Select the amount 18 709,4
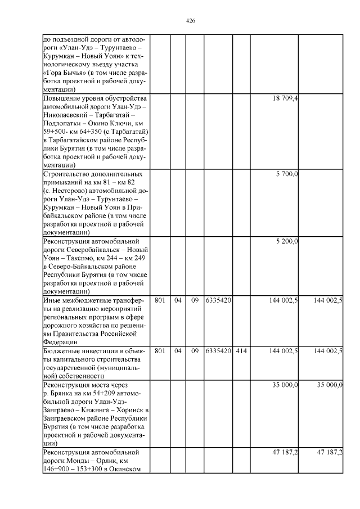(x=285, y=98)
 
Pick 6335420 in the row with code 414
(x=218, y=350)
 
